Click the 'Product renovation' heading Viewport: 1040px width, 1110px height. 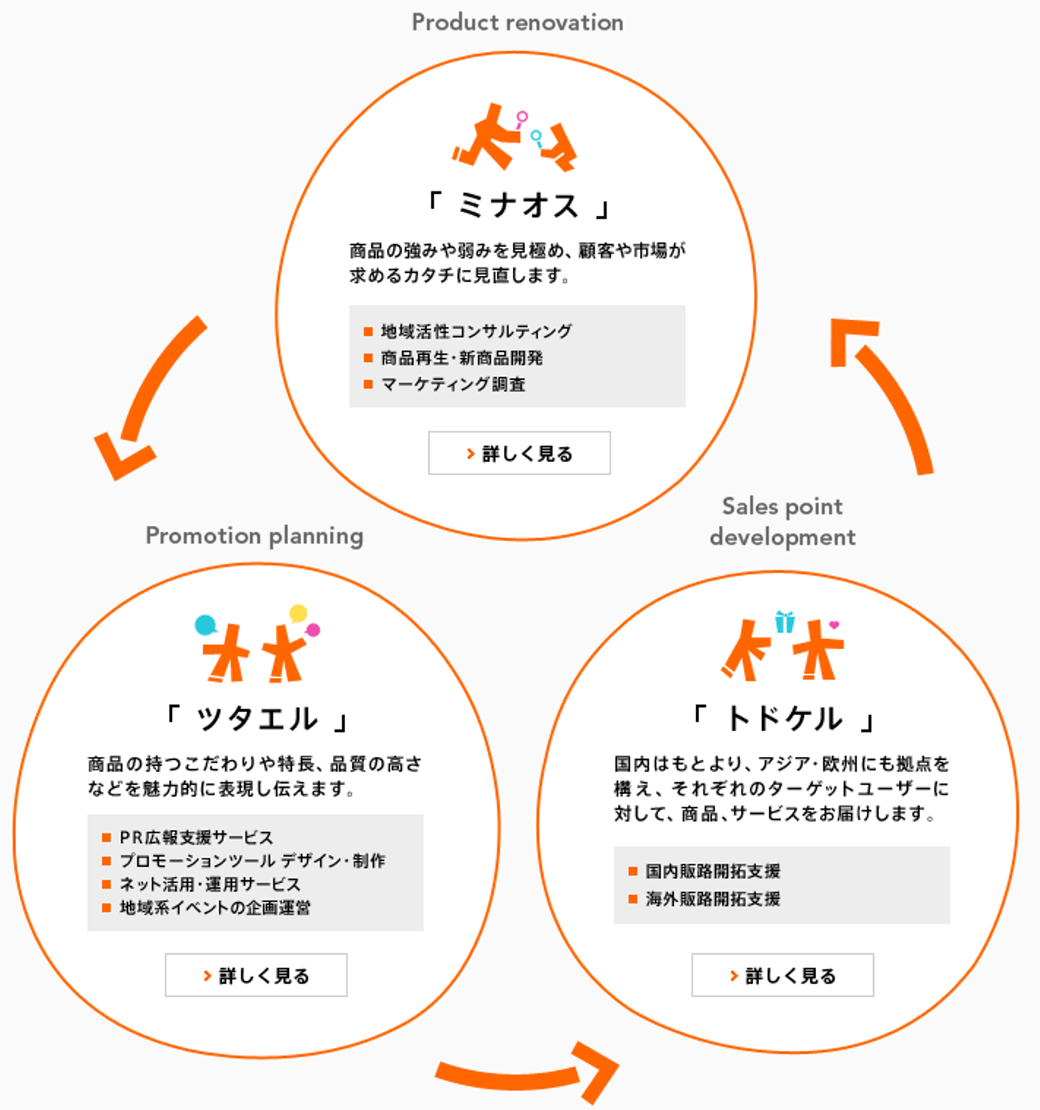(517, 22)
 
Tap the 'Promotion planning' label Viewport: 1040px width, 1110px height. (254, 536)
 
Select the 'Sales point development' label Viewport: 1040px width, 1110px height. (782, 521)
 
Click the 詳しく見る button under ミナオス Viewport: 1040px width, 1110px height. (519, 453)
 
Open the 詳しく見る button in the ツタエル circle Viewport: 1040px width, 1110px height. (256, 975)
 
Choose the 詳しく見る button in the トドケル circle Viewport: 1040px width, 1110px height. (782, 975)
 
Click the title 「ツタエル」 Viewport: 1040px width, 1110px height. (256, 719)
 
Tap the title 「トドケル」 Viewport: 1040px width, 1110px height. (783, 719)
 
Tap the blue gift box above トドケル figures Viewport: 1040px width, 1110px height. (785, 621)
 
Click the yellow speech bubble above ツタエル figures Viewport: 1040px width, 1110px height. (298, 614)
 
